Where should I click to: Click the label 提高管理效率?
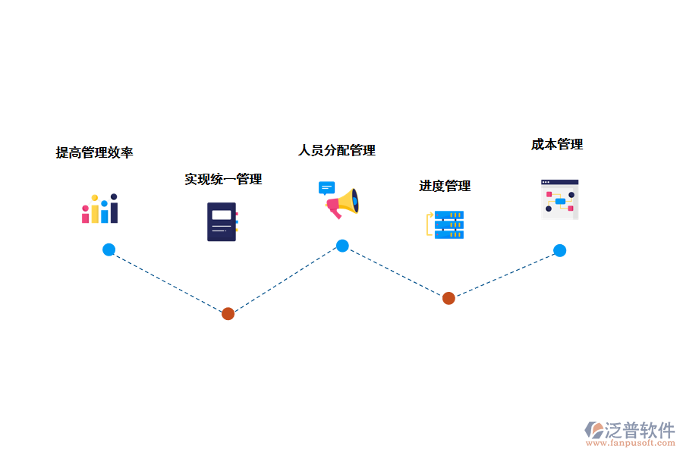click(x=95, y=152)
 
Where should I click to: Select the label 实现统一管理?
click(x=223, y=179)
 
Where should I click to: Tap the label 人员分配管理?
click(x=337, y=150)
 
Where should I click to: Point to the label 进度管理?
click(x=445, y=186)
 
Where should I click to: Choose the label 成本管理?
click(x=557, y=144)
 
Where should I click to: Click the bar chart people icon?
click(x=100, y=209)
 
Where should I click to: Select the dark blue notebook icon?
click(x=222, y=221)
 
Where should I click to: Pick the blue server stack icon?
click(x=449, y=224)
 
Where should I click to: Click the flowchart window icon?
click(x=559, y=199)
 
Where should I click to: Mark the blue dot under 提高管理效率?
click(x=109, y=249)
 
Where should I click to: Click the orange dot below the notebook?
click(x=228, y=313)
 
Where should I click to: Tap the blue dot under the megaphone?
click(x=342, y=246)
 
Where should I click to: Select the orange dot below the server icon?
click(x=449, y=298)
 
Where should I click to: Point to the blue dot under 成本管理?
click(x=559, y=250)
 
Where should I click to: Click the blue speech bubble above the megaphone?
click(x=326, y=187)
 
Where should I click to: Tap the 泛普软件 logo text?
click(x=640, y=430)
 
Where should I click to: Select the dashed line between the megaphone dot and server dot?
click(x=395, y=272)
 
